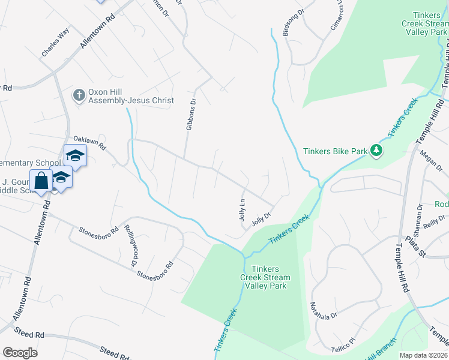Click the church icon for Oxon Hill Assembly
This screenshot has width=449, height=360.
(79, 95)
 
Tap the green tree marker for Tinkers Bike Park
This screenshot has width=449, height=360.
(376, 150)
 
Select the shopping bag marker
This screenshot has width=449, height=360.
(41, 181)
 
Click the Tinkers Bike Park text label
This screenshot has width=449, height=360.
(335, 151)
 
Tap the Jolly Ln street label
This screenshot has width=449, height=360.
(243, 211)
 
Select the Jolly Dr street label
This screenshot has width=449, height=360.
(262, 217)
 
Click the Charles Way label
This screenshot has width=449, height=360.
(55, 42)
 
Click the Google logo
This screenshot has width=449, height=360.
(20, 353)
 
